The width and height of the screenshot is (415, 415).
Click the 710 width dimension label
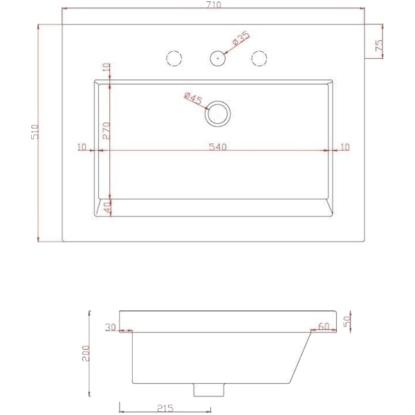(213, 5)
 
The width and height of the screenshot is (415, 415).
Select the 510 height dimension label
(35, 132)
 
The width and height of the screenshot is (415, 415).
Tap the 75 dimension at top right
(379, 45)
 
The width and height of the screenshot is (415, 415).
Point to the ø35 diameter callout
(241, 39)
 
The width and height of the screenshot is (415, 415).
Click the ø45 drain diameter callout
(193, 98)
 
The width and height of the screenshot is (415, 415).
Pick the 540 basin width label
(218, 147)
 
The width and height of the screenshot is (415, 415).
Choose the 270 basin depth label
(106, 131)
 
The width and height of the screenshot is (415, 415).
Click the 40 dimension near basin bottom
(107, 207)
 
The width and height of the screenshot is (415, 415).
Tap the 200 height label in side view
(86, 353)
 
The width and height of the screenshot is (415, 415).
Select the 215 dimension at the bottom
(165, 408)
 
